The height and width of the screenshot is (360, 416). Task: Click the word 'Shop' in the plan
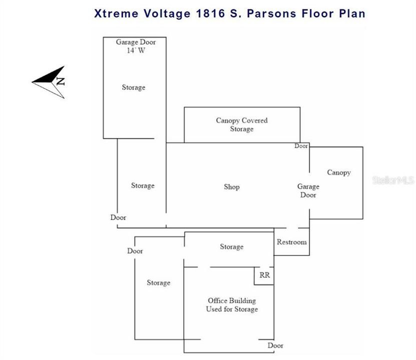(x=231, y=187)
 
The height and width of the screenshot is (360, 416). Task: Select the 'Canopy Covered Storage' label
(x=242, y=124)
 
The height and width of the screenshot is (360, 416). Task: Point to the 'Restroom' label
(x=291, y=242)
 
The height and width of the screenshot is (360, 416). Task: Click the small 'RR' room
(x=264, y=275)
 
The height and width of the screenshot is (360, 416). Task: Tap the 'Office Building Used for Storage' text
(x=232, y=305)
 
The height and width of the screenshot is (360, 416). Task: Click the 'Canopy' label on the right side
(x=339, y=172)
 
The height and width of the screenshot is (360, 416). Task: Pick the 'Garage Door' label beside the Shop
(x=308, y=190)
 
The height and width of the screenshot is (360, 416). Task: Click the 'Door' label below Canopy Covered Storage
(x=301, y=146)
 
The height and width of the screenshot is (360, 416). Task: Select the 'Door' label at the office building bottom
(x=275, y=345)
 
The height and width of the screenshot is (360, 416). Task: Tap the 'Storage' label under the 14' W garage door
(x=134, y=87)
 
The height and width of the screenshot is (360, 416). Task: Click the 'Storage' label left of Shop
(x=143, y=185)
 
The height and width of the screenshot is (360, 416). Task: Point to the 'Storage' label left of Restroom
(x=231, y=246)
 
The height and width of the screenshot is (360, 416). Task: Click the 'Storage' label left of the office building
(x=158, y=283)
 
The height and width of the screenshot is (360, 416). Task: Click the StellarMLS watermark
(x=393, y=180)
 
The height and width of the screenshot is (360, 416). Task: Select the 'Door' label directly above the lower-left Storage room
(x=135, y=251)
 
